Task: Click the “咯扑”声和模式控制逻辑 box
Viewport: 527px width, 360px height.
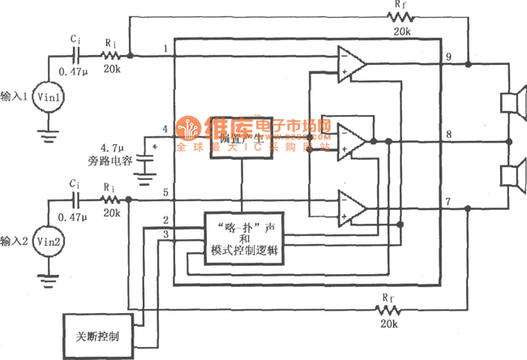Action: tap(242, 238)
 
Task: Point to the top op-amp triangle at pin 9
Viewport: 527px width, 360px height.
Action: tap(351, 64)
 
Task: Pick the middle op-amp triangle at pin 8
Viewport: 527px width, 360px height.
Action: tap(351, 139)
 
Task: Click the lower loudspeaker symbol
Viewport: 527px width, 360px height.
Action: tap(509, 175)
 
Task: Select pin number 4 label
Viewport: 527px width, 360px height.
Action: tap(165, 129)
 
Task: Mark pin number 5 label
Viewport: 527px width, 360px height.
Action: tap(165, 192)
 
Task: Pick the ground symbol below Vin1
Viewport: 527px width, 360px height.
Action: tap(49, 126)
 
